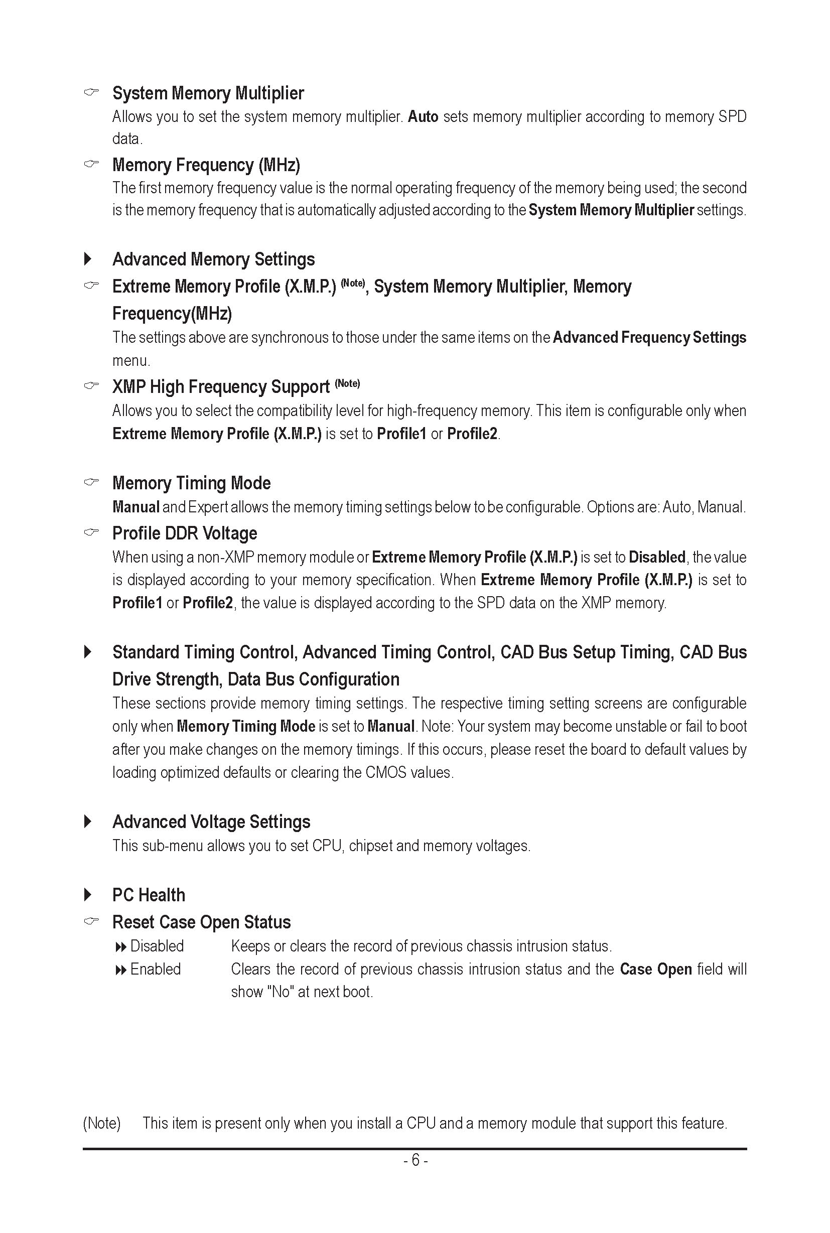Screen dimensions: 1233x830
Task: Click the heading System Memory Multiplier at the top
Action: click(x=208, y=93)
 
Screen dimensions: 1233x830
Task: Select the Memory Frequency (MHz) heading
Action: click(x=206, y=165)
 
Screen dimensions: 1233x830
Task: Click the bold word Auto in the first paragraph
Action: click(x=423, y=116)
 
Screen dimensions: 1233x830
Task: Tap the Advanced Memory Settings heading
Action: click(x=213, y=259)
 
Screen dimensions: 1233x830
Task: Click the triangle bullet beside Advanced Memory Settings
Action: click(x=88, y=259)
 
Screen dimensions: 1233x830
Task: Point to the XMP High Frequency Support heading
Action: click(x=221, y=387)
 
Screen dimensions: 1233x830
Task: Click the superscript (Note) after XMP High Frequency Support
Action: click(x=347, y=383)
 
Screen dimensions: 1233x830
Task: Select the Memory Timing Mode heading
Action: click(x=191, y=483)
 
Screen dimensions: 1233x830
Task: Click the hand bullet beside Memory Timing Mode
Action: click(x=91, y=482)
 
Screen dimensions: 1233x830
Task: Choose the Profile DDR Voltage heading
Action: click(x=185, y=533)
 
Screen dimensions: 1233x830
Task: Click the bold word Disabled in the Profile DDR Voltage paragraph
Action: click(x=657, y=557)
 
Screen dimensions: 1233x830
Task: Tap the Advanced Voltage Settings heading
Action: click(x=211, y=821)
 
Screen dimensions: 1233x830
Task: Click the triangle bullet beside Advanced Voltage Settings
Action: click(x=88, y=821)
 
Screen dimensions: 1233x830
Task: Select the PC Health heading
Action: click(x=149, y=895)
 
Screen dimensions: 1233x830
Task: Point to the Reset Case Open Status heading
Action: click(x=201, y=922)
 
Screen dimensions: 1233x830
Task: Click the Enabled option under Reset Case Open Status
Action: click(x=155, y=970)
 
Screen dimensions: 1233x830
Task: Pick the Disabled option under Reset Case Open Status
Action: click(x=157, y=946)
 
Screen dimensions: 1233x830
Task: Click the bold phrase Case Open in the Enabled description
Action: click(x=656, y=970)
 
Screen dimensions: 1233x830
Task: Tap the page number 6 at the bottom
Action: click(x=416, y=1160)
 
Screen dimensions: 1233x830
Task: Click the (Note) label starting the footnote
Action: click(x=102, y=1123)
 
